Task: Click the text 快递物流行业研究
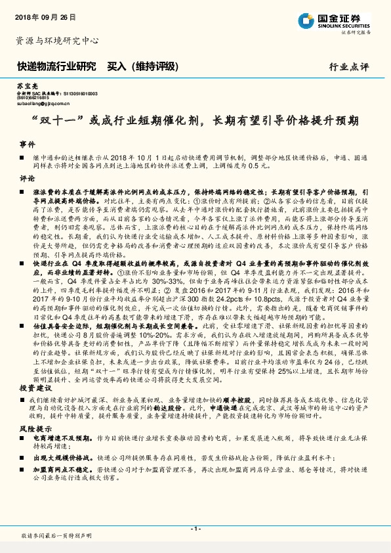(56, 66)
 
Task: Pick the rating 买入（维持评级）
(142, 66)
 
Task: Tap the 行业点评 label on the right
(349, 67)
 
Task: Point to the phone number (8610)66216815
(33, 99)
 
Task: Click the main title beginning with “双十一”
(195, 122)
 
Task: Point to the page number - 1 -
(195, 529)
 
